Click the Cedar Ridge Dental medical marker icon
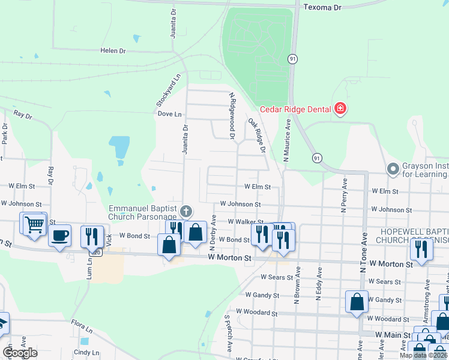(340, 109)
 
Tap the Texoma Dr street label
(322, 7)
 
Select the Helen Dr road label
(113, 51)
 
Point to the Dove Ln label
(169, 113)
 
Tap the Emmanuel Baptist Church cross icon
(186, 211)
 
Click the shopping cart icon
(34, 224)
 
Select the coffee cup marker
(60, 235)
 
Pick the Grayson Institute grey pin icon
(394, 169)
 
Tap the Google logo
(20, 353)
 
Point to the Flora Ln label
(82, 329)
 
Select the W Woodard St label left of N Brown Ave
(257, 312)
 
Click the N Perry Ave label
(345, 195)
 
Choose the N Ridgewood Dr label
(231, 116)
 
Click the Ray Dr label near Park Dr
(22, 114)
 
